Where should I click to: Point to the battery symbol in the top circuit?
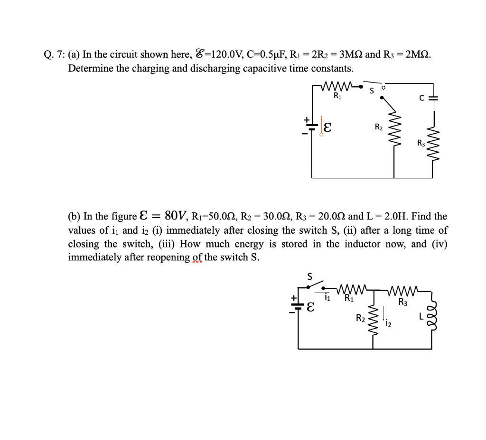311,126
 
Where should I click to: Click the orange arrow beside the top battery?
322,125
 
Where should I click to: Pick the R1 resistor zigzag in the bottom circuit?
351,290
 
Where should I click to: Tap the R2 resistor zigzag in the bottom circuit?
373,318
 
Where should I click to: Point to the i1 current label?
327,299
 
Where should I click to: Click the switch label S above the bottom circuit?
310,277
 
